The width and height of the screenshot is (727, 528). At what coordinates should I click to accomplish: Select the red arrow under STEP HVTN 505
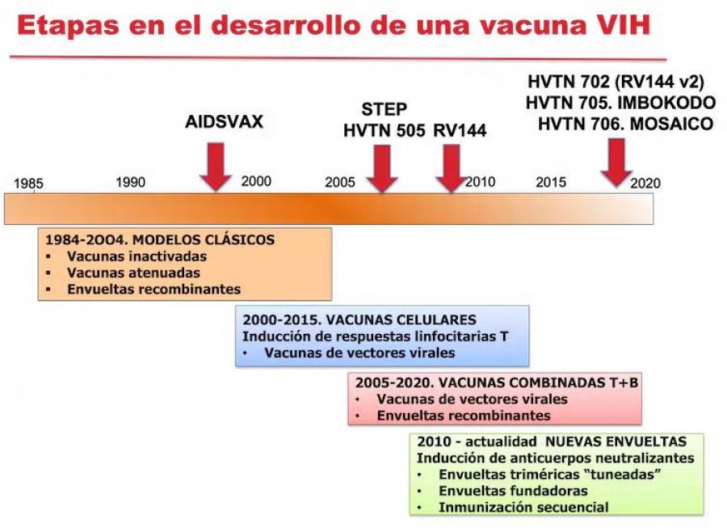click(x=380, y=168)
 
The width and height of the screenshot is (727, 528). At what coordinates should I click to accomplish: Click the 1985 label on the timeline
click(x=28, y=184)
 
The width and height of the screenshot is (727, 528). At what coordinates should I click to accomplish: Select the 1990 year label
click(x=130, y=182)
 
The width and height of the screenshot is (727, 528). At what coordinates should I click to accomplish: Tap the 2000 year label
click(x=256, y=181)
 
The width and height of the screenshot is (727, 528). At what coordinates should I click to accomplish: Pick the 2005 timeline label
click(x=340, y=182)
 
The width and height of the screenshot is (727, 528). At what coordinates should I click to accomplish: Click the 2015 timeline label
click(x=551, y=182)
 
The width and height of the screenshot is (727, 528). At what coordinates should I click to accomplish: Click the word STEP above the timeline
click(x=384, y=109)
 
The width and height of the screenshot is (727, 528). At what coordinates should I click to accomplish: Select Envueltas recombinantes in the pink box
click(x=463, y=416)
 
